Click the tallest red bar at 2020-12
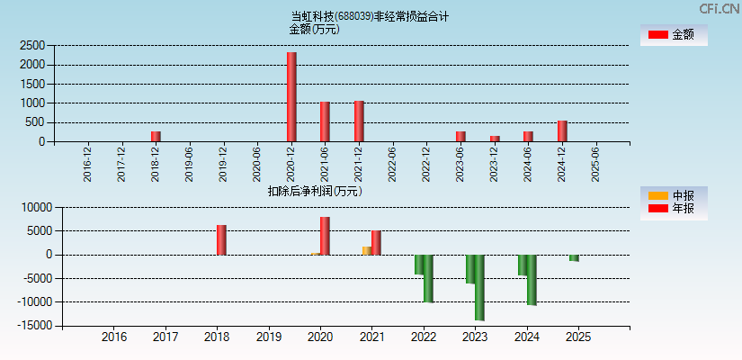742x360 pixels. pos(291,97)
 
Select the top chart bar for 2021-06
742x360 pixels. pos(325,121)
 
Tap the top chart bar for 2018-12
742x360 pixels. pos(156,136)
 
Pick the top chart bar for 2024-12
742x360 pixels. pos(562,131)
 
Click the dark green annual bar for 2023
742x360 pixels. pos(480,287)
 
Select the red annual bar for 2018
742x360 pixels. pos(221,240)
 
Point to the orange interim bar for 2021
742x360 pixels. pos(367,250)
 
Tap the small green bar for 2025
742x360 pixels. pos(574,257)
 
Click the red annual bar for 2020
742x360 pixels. pos(325,236)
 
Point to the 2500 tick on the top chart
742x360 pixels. pos(32,45)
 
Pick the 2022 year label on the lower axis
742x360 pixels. pos(423,337)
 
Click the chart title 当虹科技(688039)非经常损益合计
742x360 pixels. pos(370,15)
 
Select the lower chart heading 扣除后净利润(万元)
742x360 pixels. pos(315,191)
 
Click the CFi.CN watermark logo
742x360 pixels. pos(720,8)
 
